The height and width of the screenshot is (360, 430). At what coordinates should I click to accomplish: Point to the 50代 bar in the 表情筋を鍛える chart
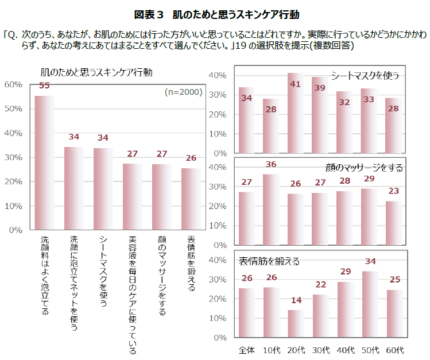click(370, 304)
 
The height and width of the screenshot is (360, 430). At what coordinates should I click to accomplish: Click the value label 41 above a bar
click(296, 84)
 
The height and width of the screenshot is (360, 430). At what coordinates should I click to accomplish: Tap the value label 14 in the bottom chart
click(296, 300)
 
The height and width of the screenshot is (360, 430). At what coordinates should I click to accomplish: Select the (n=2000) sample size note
click(183, 92)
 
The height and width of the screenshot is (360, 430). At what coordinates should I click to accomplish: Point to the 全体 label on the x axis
click(247, 350)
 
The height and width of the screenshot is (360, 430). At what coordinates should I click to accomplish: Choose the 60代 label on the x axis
click(395, 350)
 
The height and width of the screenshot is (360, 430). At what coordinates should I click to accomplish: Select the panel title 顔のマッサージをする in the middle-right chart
click(364, 168)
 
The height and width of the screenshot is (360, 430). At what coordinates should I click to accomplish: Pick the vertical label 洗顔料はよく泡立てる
click(45, 275)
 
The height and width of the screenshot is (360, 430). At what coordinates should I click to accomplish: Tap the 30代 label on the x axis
click(320, 350)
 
